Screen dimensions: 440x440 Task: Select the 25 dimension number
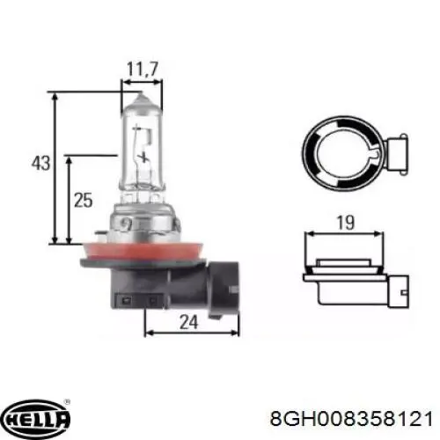(84, 201)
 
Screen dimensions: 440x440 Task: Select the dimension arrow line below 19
(345, 236)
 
